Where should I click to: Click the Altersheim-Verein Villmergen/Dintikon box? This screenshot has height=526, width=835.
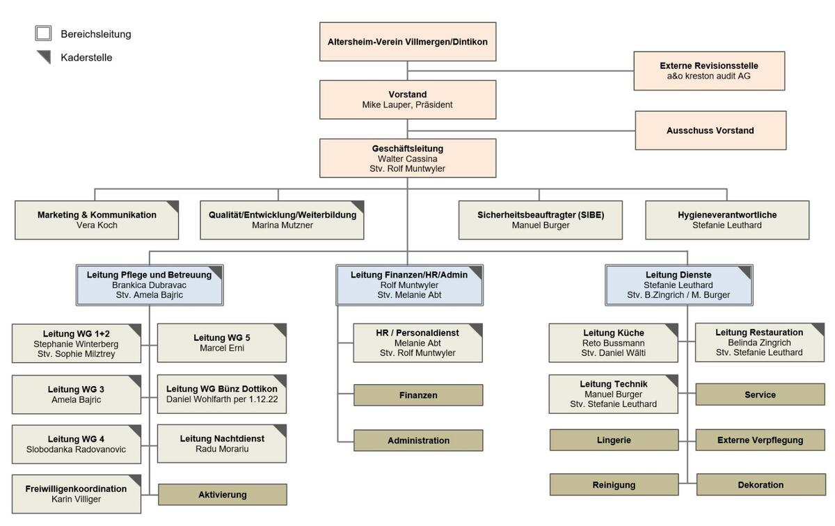(x=407, y=42)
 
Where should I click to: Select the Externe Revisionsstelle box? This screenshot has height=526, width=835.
(x=709, y=70)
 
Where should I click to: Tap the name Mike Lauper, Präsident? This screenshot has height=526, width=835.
(x=407, y=105)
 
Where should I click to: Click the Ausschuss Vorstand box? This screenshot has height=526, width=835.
(x=710, y=130)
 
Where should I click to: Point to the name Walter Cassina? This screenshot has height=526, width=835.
(x=407, y=159)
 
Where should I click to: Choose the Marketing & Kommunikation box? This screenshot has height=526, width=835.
(x=97, y=220)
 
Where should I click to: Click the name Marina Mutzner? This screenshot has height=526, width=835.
(x=282, y=225)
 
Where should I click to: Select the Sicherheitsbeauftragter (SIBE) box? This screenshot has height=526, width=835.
(x=540, y=220)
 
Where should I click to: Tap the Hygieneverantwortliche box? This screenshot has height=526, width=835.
(x=727, y=220)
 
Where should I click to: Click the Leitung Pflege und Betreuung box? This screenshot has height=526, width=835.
(x=150, y=285)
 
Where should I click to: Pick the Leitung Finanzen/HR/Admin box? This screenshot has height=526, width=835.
(x=409, y=285)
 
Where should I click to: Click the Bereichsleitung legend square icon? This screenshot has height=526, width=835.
(x=43, y=33)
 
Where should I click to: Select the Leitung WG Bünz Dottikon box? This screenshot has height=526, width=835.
(x=221, y=394)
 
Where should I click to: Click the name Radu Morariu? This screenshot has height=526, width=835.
(x=221, y=449)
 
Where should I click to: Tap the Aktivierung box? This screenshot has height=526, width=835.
(x=222, y=495)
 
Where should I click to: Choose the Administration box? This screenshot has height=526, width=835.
(x=418, y=440)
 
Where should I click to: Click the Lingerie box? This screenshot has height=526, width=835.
(x=614, y=440)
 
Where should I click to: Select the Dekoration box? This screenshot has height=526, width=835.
(x=761, y=485)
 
